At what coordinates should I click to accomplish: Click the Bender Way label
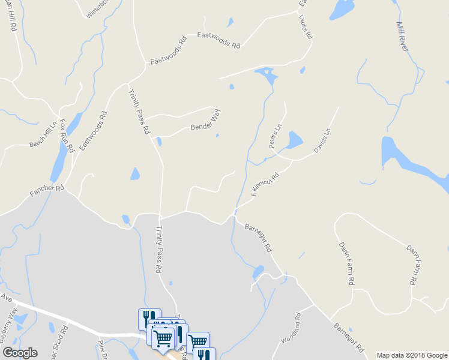205,121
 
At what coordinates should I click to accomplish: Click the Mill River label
402,37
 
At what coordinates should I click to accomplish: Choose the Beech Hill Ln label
43,137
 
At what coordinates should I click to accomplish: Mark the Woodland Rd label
290,328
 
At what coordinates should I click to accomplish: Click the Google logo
20,353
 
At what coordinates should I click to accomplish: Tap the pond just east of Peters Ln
294,140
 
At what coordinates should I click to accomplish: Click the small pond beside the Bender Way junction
159,142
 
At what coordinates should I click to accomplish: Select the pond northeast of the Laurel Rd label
341,8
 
